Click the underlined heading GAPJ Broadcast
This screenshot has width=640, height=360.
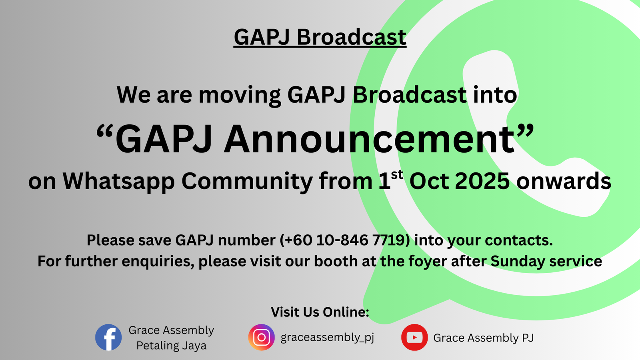click(320, 37)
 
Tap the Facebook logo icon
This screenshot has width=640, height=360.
click(108, 337)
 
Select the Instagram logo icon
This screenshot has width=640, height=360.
click(262, 337)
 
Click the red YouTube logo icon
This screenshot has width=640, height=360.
click(414, 337)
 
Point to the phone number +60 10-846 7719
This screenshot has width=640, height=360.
click(345, 240)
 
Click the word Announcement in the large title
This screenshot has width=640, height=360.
click(369, 139)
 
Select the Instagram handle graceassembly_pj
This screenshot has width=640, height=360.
click(327, 338)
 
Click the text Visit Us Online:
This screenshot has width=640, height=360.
click(320, 312)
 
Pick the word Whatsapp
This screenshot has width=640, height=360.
click(118, 182)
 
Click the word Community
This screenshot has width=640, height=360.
click(247, 182)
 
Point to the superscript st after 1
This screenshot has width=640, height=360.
click(397, 174)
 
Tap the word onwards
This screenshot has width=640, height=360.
click(564, 181)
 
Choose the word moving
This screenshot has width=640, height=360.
click(240, 95)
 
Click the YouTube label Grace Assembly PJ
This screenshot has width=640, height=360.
click(484, 338)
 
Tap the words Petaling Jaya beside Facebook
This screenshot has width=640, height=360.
click(171, 346)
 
